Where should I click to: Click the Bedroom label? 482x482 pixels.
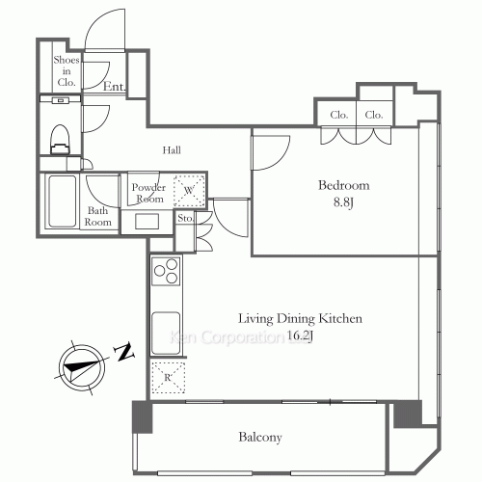(x=344, y=185)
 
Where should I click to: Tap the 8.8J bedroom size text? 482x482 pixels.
(x=344, y=203)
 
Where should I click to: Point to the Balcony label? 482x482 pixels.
(x=260, y=438)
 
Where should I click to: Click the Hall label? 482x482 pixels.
(x=172, y=149)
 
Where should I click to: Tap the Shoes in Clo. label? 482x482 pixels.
(x=67, y=70)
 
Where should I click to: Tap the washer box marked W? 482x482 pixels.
(x=189, y=191)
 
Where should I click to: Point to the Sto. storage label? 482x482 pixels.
(x=186, y=218)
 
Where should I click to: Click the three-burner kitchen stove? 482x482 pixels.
(x=166, y=271)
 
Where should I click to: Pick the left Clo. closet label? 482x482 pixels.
(x=338, y=116)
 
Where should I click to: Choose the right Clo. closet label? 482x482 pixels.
(x=373, y=116)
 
